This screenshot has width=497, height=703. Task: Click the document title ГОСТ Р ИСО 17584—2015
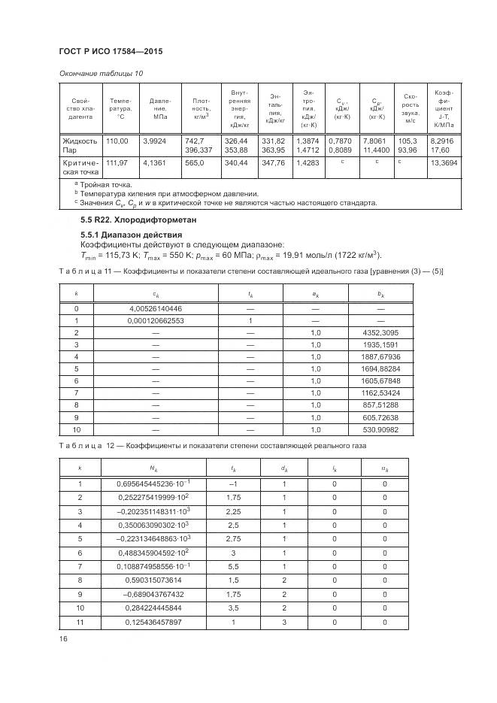111,51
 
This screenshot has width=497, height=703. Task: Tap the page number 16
63,639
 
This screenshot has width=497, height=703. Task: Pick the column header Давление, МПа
159,109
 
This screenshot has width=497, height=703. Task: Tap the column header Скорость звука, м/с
411,108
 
